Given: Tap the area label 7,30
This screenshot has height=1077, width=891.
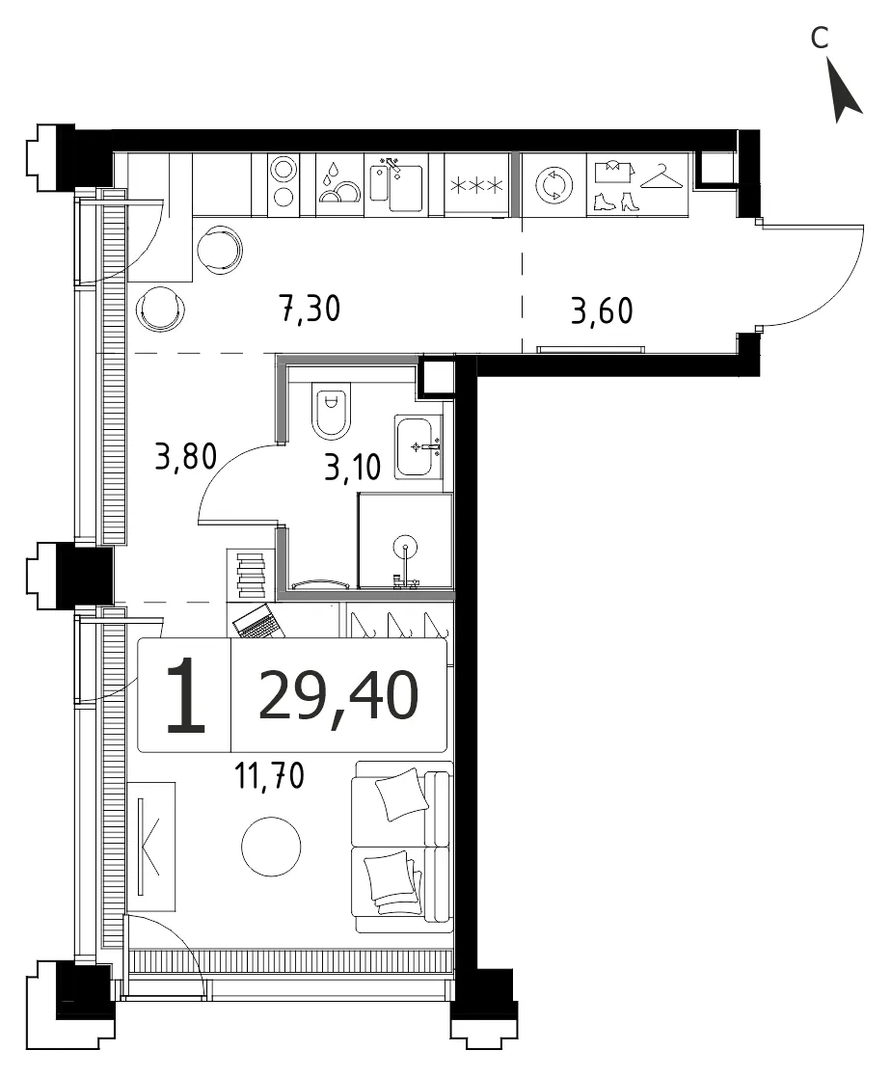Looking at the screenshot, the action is click(x=310, y=310).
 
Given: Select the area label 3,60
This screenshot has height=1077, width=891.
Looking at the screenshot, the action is click(x=602, y=310).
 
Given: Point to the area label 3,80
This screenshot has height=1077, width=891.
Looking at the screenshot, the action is click(x=185, y=456).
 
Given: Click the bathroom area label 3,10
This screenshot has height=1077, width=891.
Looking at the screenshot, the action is click(x=352, y=468).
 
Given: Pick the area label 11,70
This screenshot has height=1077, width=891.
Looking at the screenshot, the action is click(x=269, y=775).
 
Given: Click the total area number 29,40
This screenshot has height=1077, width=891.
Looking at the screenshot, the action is click(x=338, y=696).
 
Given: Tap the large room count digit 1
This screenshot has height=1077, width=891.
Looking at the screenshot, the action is click(x=185, y=694).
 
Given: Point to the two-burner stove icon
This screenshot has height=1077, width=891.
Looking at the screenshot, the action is click(x=283, y=182).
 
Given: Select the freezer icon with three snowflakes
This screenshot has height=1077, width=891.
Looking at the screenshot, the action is click(x=476, y=185).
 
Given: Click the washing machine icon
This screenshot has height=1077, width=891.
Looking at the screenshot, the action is click(x=553, y=185).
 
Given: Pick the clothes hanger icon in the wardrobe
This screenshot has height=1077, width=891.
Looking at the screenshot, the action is click(x=661, y=175).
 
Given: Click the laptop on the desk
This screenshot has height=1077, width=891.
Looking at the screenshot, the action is click(x=257, y=622).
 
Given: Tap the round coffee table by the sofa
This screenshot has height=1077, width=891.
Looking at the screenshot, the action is click(x=271, y=847).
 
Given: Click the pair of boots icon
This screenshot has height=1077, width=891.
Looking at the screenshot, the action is click(x=616, y=202).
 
